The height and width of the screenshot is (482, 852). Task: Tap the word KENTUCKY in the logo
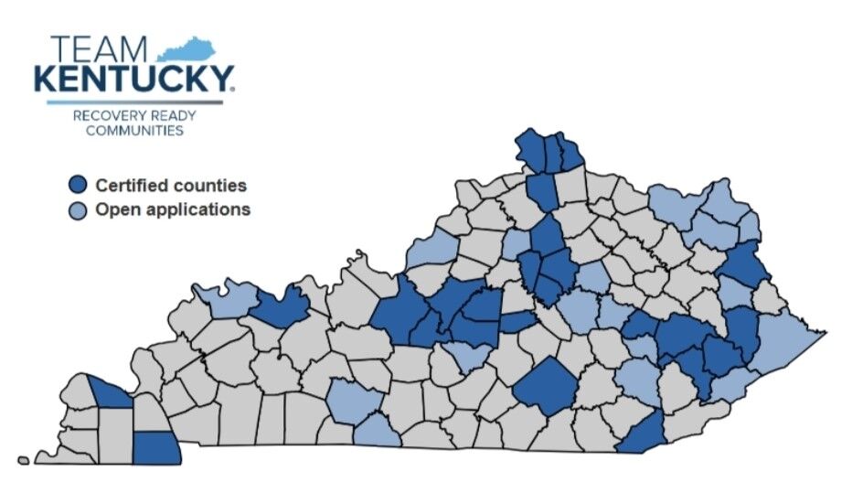click(133, 80)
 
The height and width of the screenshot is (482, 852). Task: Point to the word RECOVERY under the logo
click(107, 116)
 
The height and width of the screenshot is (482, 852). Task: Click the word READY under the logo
click(172, 116)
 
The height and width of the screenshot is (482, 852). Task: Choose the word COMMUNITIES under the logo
click(134, 131)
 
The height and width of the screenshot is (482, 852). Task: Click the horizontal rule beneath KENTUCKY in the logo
click(134, 101)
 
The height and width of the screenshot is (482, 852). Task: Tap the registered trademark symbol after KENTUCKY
click(234, 89)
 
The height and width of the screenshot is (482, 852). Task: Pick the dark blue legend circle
click(79, 186)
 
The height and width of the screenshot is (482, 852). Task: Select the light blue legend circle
click(79, 210)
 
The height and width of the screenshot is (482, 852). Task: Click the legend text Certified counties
click(171, 186)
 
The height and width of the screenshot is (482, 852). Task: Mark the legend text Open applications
click(173, 209)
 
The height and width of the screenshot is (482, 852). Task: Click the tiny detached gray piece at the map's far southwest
click(23, 460)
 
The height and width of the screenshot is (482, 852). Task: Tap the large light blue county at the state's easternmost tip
click(785, 343)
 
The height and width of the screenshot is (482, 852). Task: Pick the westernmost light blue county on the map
click(224, 298)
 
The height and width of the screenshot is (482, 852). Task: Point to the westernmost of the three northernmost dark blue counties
click(530, 149)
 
